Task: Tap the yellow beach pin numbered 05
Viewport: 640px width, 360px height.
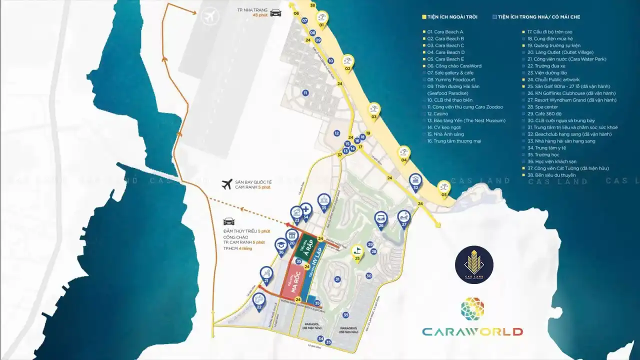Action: click(443, 187)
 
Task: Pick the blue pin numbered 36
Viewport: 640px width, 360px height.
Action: click(281, 245)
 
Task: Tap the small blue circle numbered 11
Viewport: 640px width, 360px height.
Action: click(305, 92)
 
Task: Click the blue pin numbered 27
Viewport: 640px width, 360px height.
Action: click(403, 217)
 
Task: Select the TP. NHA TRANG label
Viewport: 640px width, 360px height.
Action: click(252, 10)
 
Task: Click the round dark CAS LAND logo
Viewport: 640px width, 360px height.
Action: click(474, 265)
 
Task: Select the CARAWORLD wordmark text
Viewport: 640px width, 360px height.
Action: click(472, 331)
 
